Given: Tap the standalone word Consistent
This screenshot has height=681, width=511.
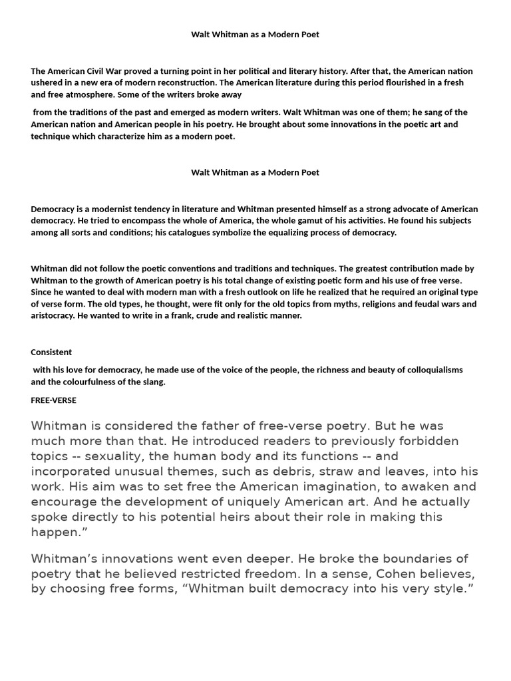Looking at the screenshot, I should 51,352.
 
